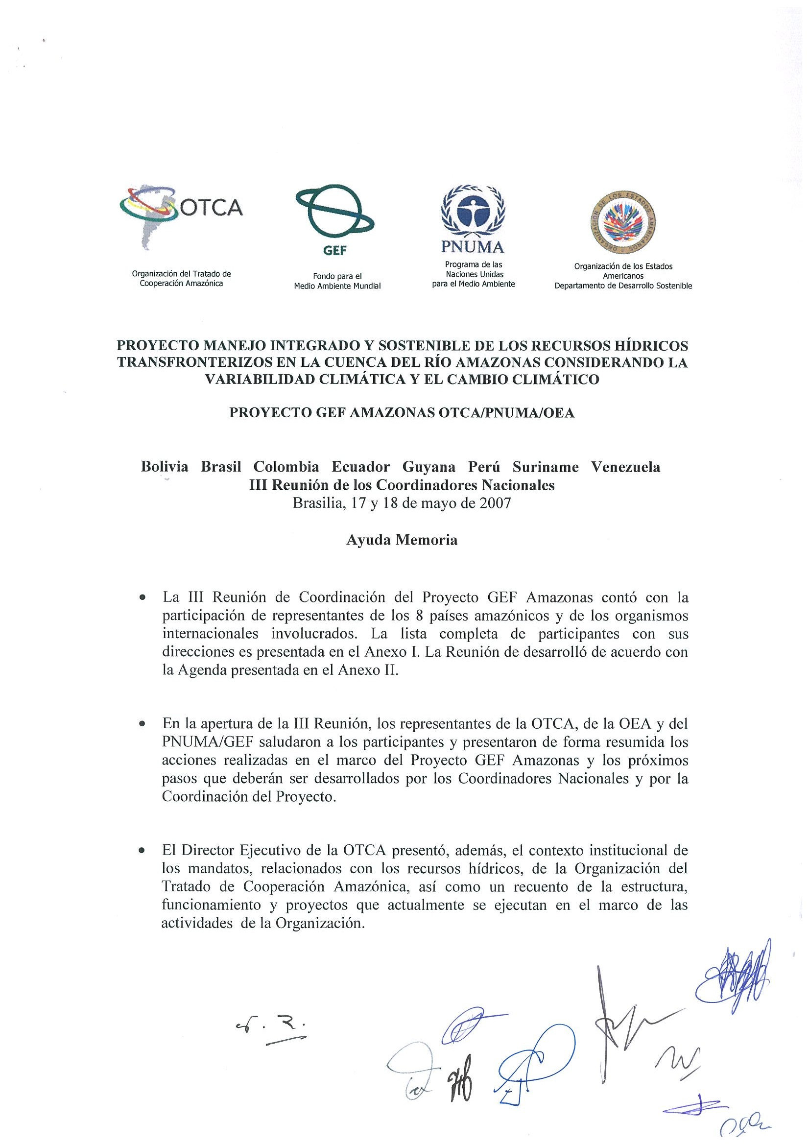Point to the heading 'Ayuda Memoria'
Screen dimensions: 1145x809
[x=402, y=540]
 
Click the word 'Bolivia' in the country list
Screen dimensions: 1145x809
[x=165, y=467]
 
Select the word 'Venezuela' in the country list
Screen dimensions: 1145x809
[x=625, y=467]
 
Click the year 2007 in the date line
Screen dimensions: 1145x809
[x=495, y=503]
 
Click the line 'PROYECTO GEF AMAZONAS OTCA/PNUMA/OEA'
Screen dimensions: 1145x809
[x=402, y=413]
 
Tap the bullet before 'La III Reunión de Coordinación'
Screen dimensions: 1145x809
[x=143, y=597]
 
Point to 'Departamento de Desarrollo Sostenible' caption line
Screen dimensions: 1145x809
[x=623, y=286]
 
